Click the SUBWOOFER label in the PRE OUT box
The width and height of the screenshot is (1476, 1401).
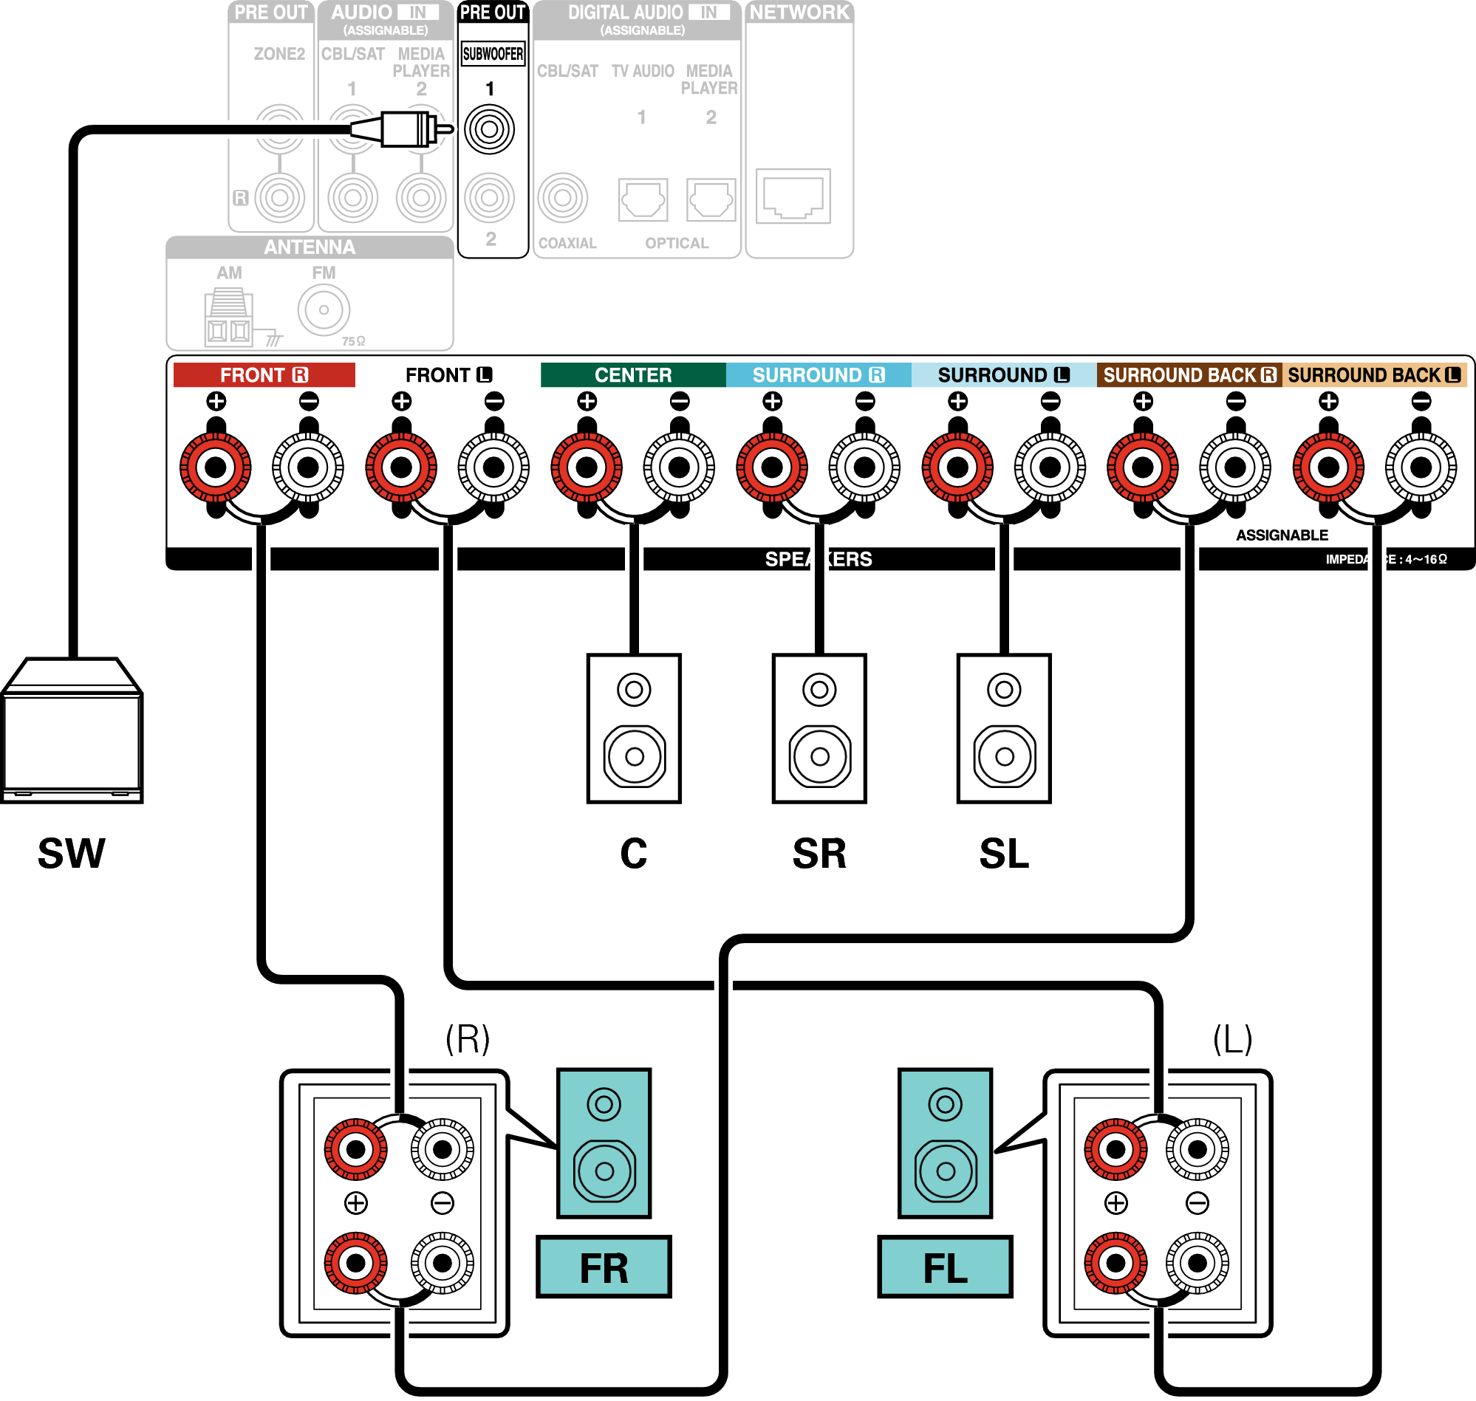tap(492, 54)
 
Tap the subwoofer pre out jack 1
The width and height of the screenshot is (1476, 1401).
tap(489, 129)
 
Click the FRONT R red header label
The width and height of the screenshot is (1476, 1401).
tap(264, 375)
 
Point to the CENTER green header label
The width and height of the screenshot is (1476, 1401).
tap(632, 375)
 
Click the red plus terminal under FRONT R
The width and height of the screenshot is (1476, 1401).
tap(216, 467)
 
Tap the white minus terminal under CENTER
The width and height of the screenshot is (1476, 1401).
tap(679, 467)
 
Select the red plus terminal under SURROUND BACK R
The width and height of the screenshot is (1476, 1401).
tap(1143, 467)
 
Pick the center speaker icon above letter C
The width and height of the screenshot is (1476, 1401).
tap(633, 729)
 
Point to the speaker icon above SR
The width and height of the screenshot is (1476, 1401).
tap(819, 729)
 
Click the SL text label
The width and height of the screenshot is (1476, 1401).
tap(1004, 854)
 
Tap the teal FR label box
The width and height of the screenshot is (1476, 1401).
tap(604, 1267)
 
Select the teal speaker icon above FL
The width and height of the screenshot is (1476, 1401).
tap(945, 1143)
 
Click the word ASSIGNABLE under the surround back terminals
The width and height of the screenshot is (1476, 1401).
tap(1282, 535)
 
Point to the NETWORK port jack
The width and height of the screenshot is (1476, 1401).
tap(793, 196)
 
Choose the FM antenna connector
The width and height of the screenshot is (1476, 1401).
tap(324, 309)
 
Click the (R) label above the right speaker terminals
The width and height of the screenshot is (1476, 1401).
tap(468, 1039)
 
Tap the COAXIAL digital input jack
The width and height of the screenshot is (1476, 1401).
tap(563, 198)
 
